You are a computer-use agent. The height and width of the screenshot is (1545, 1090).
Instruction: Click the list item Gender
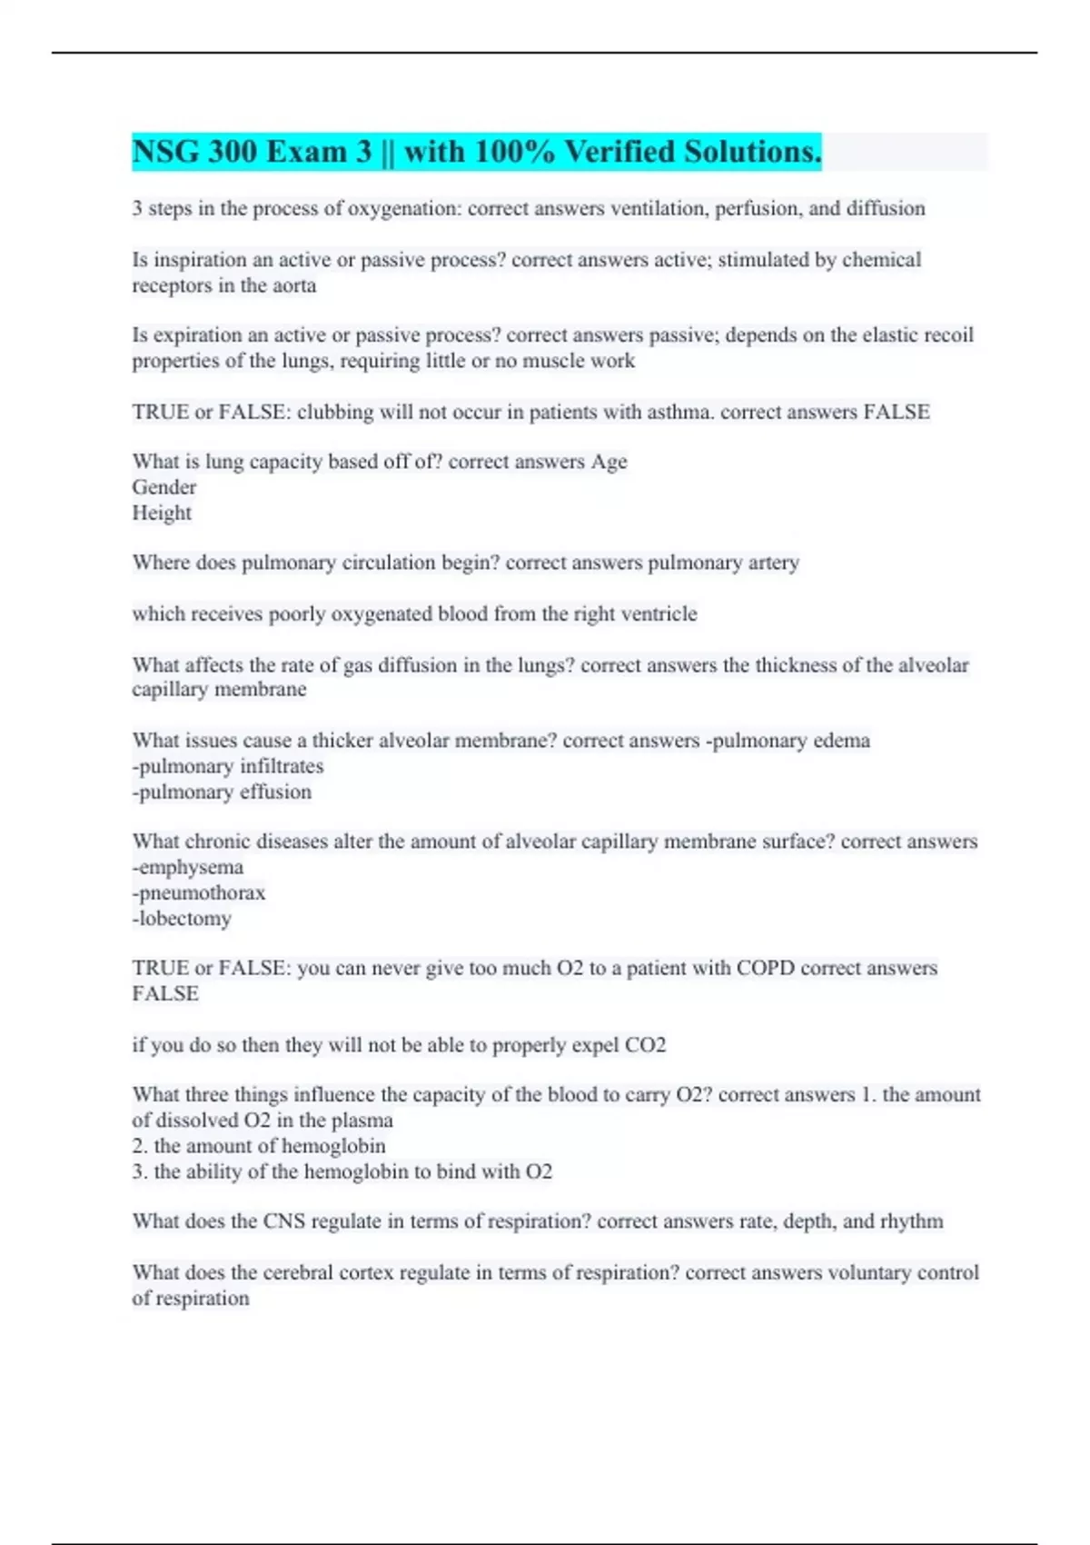coord(164,487)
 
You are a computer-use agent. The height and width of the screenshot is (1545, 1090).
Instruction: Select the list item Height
coord(162,513)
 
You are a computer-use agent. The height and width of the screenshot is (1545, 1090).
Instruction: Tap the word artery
coord(773,563)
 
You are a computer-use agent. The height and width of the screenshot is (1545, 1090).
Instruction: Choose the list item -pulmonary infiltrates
coord(228,766)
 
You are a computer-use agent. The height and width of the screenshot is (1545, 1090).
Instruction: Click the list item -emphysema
coord(188,867)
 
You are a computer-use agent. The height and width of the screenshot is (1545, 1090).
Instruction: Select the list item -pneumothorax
coord(199,892)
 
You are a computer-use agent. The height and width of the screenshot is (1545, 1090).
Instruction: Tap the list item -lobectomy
coord(182,918)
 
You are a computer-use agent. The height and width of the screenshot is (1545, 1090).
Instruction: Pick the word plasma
coord(362,1121)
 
